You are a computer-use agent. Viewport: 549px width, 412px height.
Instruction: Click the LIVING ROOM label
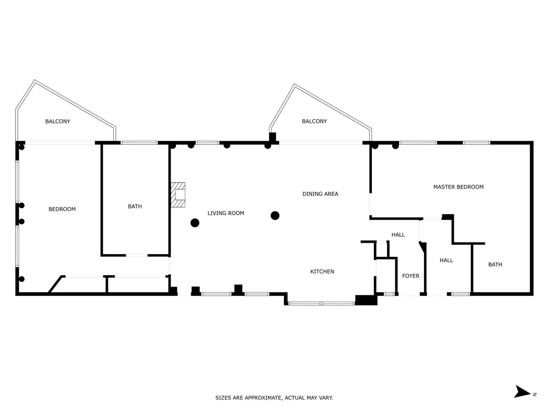point(226,213)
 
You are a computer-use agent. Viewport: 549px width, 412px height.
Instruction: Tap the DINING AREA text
point(320,194)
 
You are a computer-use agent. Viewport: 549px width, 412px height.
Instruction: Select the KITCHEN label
point(322,271)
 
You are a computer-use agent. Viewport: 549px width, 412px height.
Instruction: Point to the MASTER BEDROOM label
point(458,187)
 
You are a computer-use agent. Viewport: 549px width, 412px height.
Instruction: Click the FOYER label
point(411,276)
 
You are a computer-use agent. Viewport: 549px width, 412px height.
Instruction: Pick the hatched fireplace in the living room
point(178,195)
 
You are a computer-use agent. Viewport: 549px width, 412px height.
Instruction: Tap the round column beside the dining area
point(275,216)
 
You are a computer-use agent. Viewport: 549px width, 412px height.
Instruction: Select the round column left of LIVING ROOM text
point(195,222)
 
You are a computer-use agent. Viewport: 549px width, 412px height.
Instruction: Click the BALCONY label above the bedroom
point(58,121)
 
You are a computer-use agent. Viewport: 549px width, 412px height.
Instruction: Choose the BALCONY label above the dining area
point(314,121)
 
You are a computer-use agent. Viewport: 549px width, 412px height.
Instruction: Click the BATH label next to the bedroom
point(135,206)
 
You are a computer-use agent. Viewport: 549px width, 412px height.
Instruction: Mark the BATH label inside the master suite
point(495,265)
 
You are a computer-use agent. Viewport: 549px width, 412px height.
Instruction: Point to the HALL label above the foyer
point(398,235)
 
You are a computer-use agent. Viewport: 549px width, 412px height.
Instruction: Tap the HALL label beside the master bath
point(446,260)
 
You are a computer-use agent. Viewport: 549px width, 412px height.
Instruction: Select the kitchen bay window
point(322,304)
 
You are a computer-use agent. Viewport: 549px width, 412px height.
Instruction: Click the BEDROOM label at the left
point(62,209)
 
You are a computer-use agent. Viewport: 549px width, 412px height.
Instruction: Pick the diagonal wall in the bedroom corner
point(55,284)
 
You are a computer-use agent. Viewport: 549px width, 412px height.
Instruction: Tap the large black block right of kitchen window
point(366,300)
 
